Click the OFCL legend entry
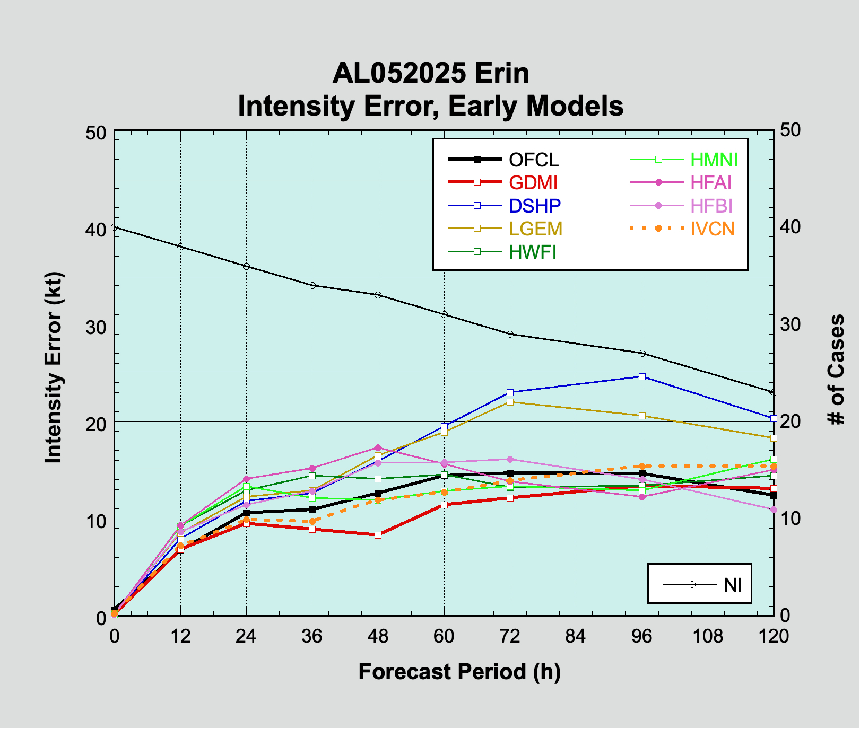pyautogui.click(x=533, y=160)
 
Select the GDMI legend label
pyautogui.click(x=533, y=182)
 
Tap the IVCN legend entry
pyautogui.click(x=713, y=229)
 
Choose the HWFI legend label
pyautogui.click(x=533, y=252)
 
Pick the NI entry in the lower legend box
pyautogui.click(x=733, y=585)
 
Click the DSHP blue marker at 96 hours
pyautogui.click(x=642, y=376)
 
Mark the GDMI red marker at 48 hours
pyautogui.click(x=378, y=535)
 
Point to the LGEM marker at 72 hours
pyautogui.click(x=510, y=402)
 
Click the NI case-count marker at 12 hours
pyautogui.click(x=180, y=247)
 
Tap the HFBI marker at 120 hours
pyautogui.click(x=774, y=510)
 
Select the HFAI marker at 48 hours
pyautogui.click(x=378, y=447)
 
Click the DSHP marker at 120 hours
pyautogui.click(x=774, y=418)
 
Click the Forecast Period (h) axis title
pyautogui.click(x=459, y=671)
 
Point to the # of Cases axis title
pyautogui.click(x=837, y=369)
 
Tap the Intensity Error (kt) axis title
pyautogui.click(x=53, y=368)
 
